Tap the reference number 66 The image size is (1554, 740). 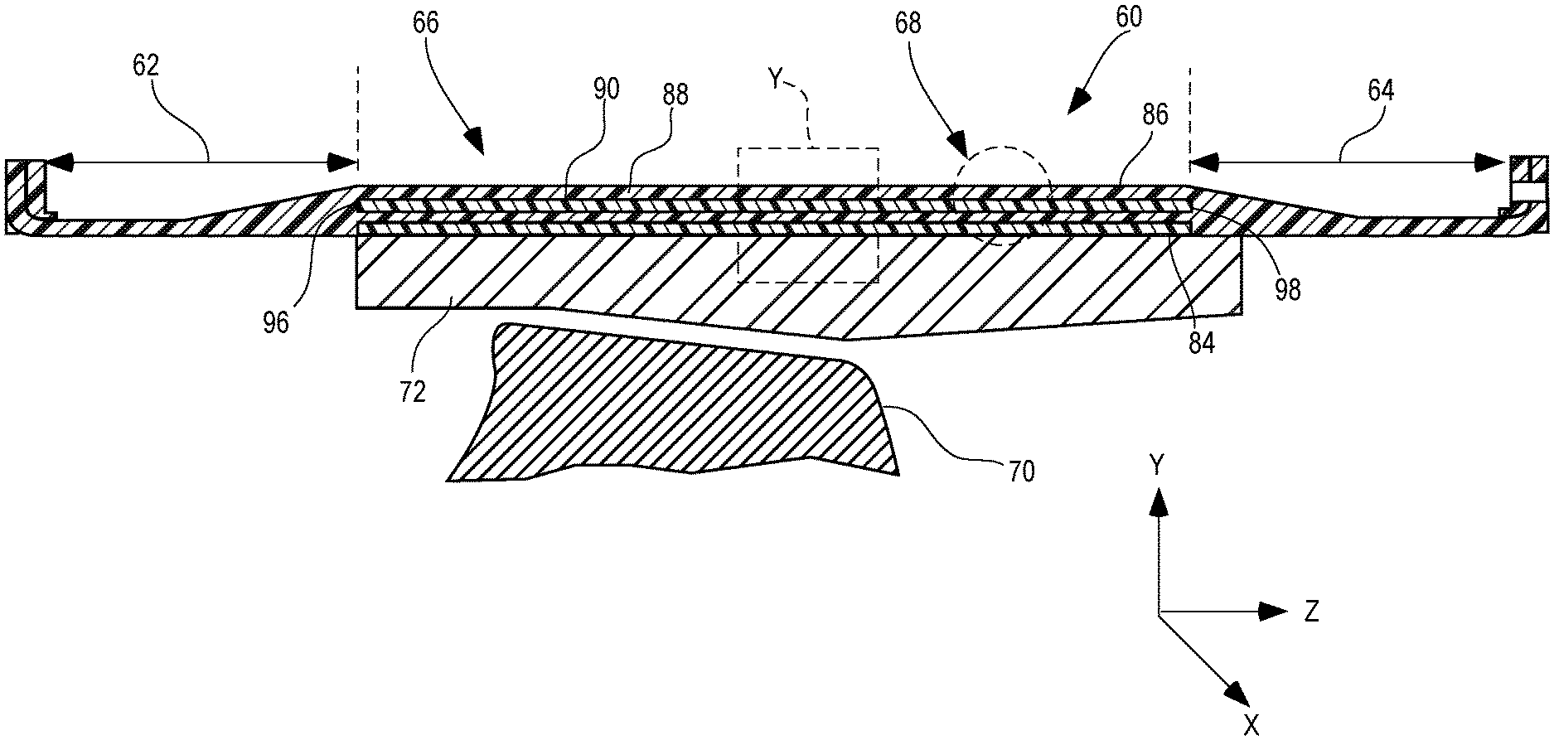tap(424, 22)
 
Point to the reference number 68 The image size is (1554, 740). tap(908, 22)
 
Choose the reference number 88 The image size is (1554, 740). tap(675, 95)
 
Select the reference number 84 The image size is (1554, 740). tap(1201, 342)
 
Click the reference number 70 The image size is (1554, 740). tap(1021, 472)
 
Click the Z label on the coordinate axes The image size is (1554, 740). tap(1311, 613)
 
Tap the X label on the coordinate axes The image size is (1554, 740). tap(1251, 726)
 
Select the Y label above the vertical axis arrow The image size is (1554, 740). tap(1158, 467)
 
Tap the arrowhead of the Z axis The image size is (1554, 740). tap(1271, 612)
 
